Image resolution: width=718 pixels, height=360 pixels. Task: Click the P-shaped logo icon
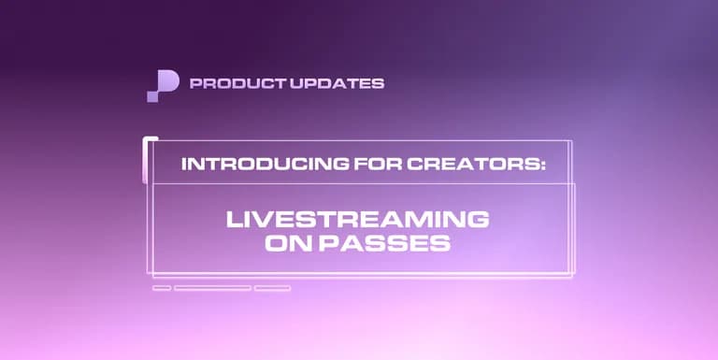pos(162,85)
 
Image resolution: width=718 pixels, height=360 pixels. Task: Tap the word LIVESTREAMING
pos(358,221)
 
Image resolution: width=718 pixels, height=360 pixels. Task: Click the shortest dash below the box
pos(161,288)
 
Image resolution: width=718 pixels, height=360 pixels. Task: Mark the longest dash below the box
pos(212,288)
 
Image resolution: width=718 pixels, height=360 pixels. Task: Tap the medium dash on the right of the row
pos(272,288)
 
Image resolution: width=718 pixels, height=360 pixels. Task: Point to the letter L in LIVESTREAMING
pos(235,221)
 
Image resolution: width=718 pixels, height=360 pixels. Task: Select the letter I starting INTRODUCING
pos(184,164)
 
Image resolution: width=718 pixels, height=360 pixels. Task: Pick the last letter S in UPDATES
pos(379,83)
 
